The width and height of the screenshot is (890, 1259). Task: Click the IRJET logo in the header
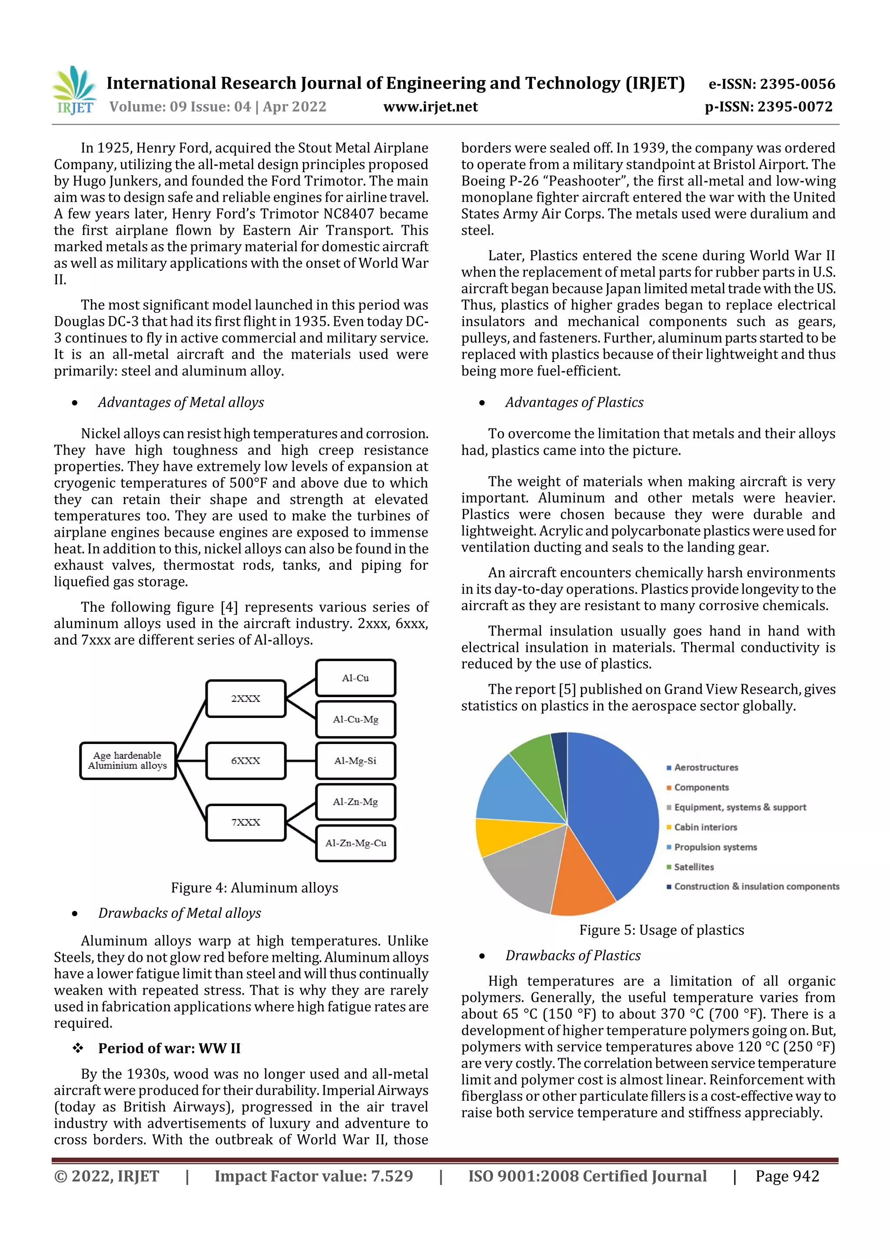pos(74,90)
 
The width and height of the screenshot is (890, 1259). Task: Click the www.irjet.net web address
pos(431,107)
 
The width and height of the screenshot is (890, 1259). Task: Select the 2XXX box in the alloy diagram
pos(246,698)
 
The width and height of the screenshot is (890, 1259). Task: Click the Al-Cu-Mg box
pos(355,719)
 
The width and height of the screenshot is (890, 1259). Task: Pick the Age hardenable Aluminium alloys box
pos(127,761)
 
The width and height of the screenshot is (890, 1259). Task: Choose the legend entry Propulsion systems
pos(715,847)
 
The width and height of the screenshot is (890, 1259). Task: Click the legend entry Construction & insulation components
pos(756,887)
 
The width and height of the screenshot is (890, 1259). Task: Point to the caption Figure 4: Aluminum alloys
pos(255,888)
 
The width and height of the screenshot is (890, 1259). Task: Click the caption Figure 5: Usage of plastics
pos(661,930)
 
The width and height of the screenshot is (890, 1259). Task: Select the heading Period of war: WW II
pos(169,1048)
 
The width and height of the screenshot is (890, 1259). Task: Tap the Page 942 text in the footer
pos(787,1176)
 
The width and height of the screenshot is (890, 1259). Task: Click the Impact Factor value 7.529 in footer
pos(314,1176)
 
